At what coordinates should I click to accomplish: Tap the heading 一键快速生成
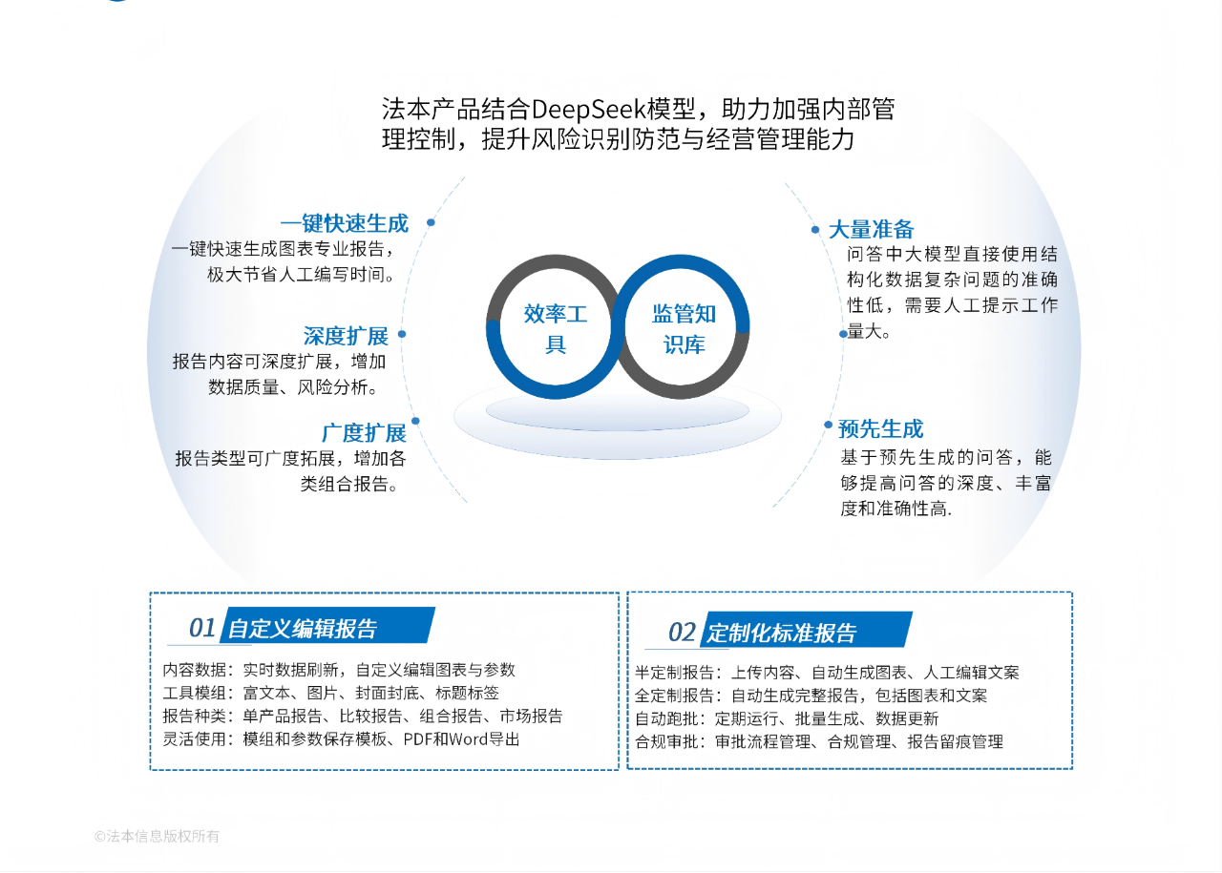(x=344, y=223)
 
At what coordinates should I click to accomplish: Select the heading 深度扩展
(x=346, y=336)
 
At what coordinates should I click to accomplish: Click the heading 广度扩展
(x=363, y=432)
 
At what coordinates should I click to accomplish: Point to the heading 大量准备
(x=871, y=229)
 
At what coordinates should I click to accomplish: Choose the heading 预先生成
(x=880, y=428)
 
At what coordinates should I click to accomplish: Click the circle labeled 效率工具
(x=555, y=327)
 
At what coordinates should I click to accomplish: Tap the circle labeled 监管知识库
(x=684, y=327)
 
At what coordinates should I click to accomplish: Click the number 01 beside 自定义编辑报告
(x=202, y=628)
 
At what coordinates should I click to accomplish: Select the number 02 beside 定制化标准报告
(x=682, y=632)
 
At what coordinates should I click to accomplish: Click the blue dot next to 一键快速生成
(x=431, y=222)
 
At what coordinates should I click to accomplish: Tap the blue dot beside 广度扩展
(x=415, y=421)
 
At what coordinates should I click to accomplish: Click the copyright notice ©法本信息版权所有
(x=157, y=837)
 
